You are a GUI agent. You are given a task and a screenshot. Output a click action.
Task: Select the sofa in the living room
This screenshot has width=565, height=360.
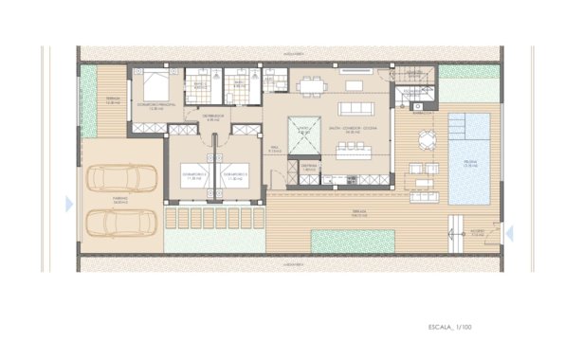(x=354, y=85)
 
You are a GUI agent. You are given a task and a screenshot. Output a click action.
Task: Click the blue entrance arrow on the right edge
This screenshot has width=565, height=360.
(x=509, y=231)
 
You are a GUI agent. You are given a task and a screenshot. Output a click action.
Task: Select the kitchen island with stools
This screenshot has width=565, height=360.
(x=355, y=149)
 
